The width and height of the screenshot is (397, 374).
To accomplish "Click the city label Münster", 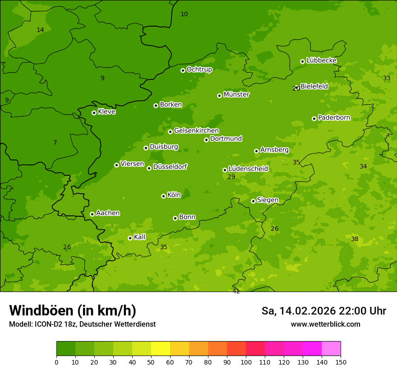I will tap(236, 95).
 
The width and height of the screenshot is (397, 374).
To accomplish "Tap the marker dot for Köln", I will tap(163, 196).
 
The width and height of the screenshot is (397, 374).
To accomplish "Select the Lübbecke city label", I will tap(321, 60).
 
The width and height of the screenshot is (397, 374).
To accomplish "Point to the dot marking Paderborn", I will tap(314, 119).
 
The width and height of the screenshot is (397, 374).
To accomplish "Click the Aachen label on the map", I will tap(108, 213).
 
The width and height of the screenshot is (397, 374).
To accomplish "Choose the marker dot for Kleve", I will tap(94, 113).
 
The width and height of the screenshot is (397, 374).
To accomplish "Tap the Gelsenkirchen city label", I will tap(196, 131).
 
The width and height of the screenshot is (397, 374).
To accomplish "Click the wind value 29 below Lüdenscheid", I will tap(231, 177).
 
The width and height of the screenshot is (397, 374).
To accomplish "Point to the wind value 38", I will tap(355, 239).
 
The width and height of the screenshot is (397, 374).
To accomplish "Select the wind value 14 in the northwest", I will tap(40, 30).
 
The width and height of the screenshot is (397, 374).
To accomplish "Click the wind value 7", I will tap(55, 143).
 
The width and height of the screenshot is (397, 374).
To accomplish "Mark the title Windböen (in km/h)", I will tap(73, 310).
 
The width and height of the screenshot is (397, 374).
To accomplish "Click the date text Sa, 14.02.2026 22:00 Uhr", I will tap(323, 311).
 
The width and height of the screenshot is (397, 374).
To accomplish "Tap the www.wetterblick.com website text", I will tap(325, 324).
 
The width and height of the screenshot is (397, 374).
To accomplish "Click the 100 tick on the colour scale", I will tap(246, 362).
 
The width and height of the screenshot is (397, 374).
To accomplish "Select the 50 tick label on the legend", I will tap(151, 362).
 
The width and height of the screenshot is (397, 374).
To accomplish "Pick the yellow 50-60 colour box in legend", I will tap(161, 348).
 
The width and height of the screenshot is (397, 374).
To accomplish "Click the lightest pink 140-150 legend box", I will tap(331, 348).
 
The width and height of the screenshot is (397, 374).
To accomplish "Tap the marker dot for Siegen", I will tap(253, 201).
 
